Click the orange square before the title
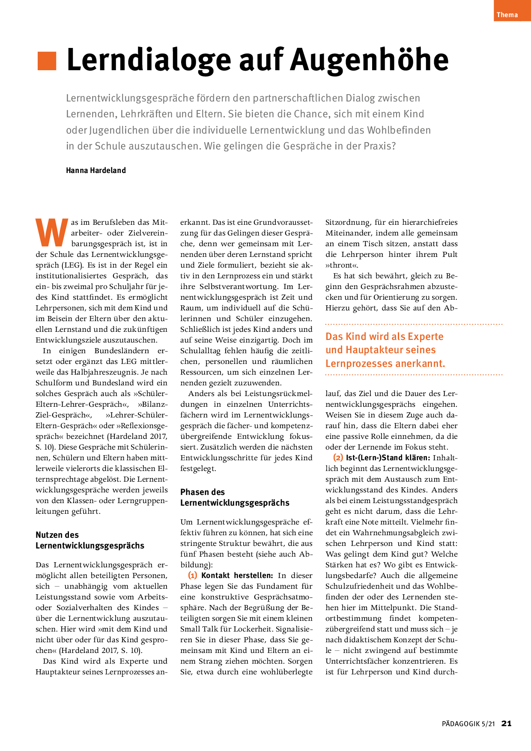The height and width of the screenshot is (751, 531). [x=47, y=61]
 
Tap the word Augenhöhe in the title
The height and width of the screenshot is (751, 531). [x=370, y=60]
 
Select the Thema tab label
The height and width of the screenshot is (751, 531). [x=507, y=15]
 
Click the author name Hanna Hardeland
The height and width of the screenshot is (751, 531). [x=96, y=170]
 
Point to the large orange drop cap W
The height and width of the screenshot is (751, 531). [x=52, y=233]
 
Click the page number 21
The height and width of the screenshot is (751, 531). [x=507, y=723]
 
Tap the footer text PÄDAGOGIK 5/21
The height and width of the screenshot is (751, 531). [x=468, y=724]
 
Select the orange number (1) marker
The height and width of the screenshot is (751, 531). [x=193, y=575]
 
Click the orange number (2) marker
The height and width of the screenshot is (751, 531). [x=338, y=457]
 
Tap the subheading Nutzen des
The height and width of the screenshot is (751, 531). [x=57, y=535]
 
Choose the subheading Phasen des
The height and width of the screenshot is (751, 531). [x=203, y=492]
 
